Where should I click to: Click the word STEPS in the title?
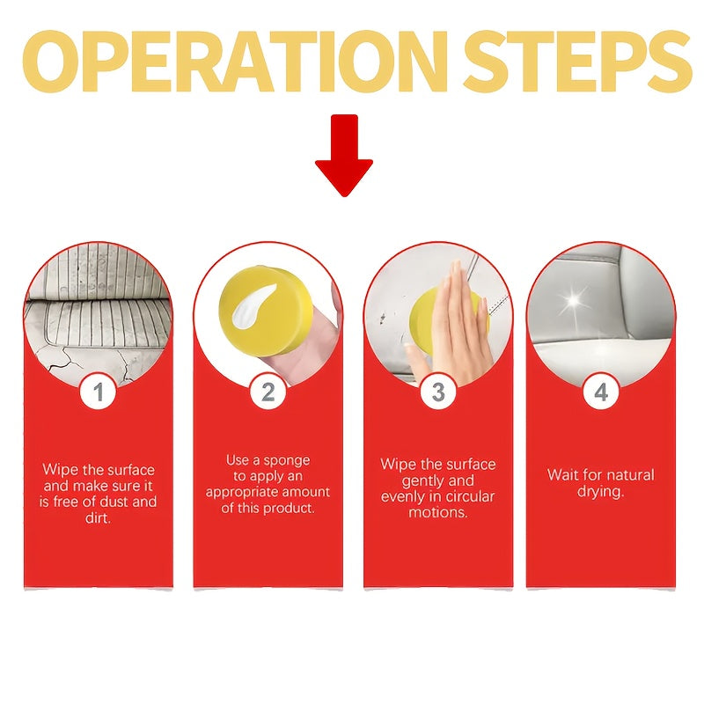[x=577, y=61]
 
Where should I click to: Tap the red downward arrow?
[x=344, y=155]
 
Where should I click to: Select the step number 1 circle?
[x=99, y=391]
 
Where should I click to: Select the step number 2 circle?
[x=268, y=391]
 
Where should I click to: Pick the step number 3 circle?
[x=438, y=391]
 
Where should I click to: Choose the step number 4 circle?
[x=601, y=391]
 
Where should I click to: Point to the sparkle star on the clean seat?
[x=575, y=302]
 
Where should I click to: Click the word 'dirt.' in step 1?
[x=98, y=518]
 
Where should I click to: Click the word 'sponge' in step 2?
[x=287, y=461]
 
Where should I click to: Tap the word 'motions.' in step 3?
[x=438, y=512]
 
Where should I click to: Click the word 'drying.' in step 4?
[x=600, y=491]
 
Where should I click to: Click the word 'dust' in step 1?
[x=116, y=502]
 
